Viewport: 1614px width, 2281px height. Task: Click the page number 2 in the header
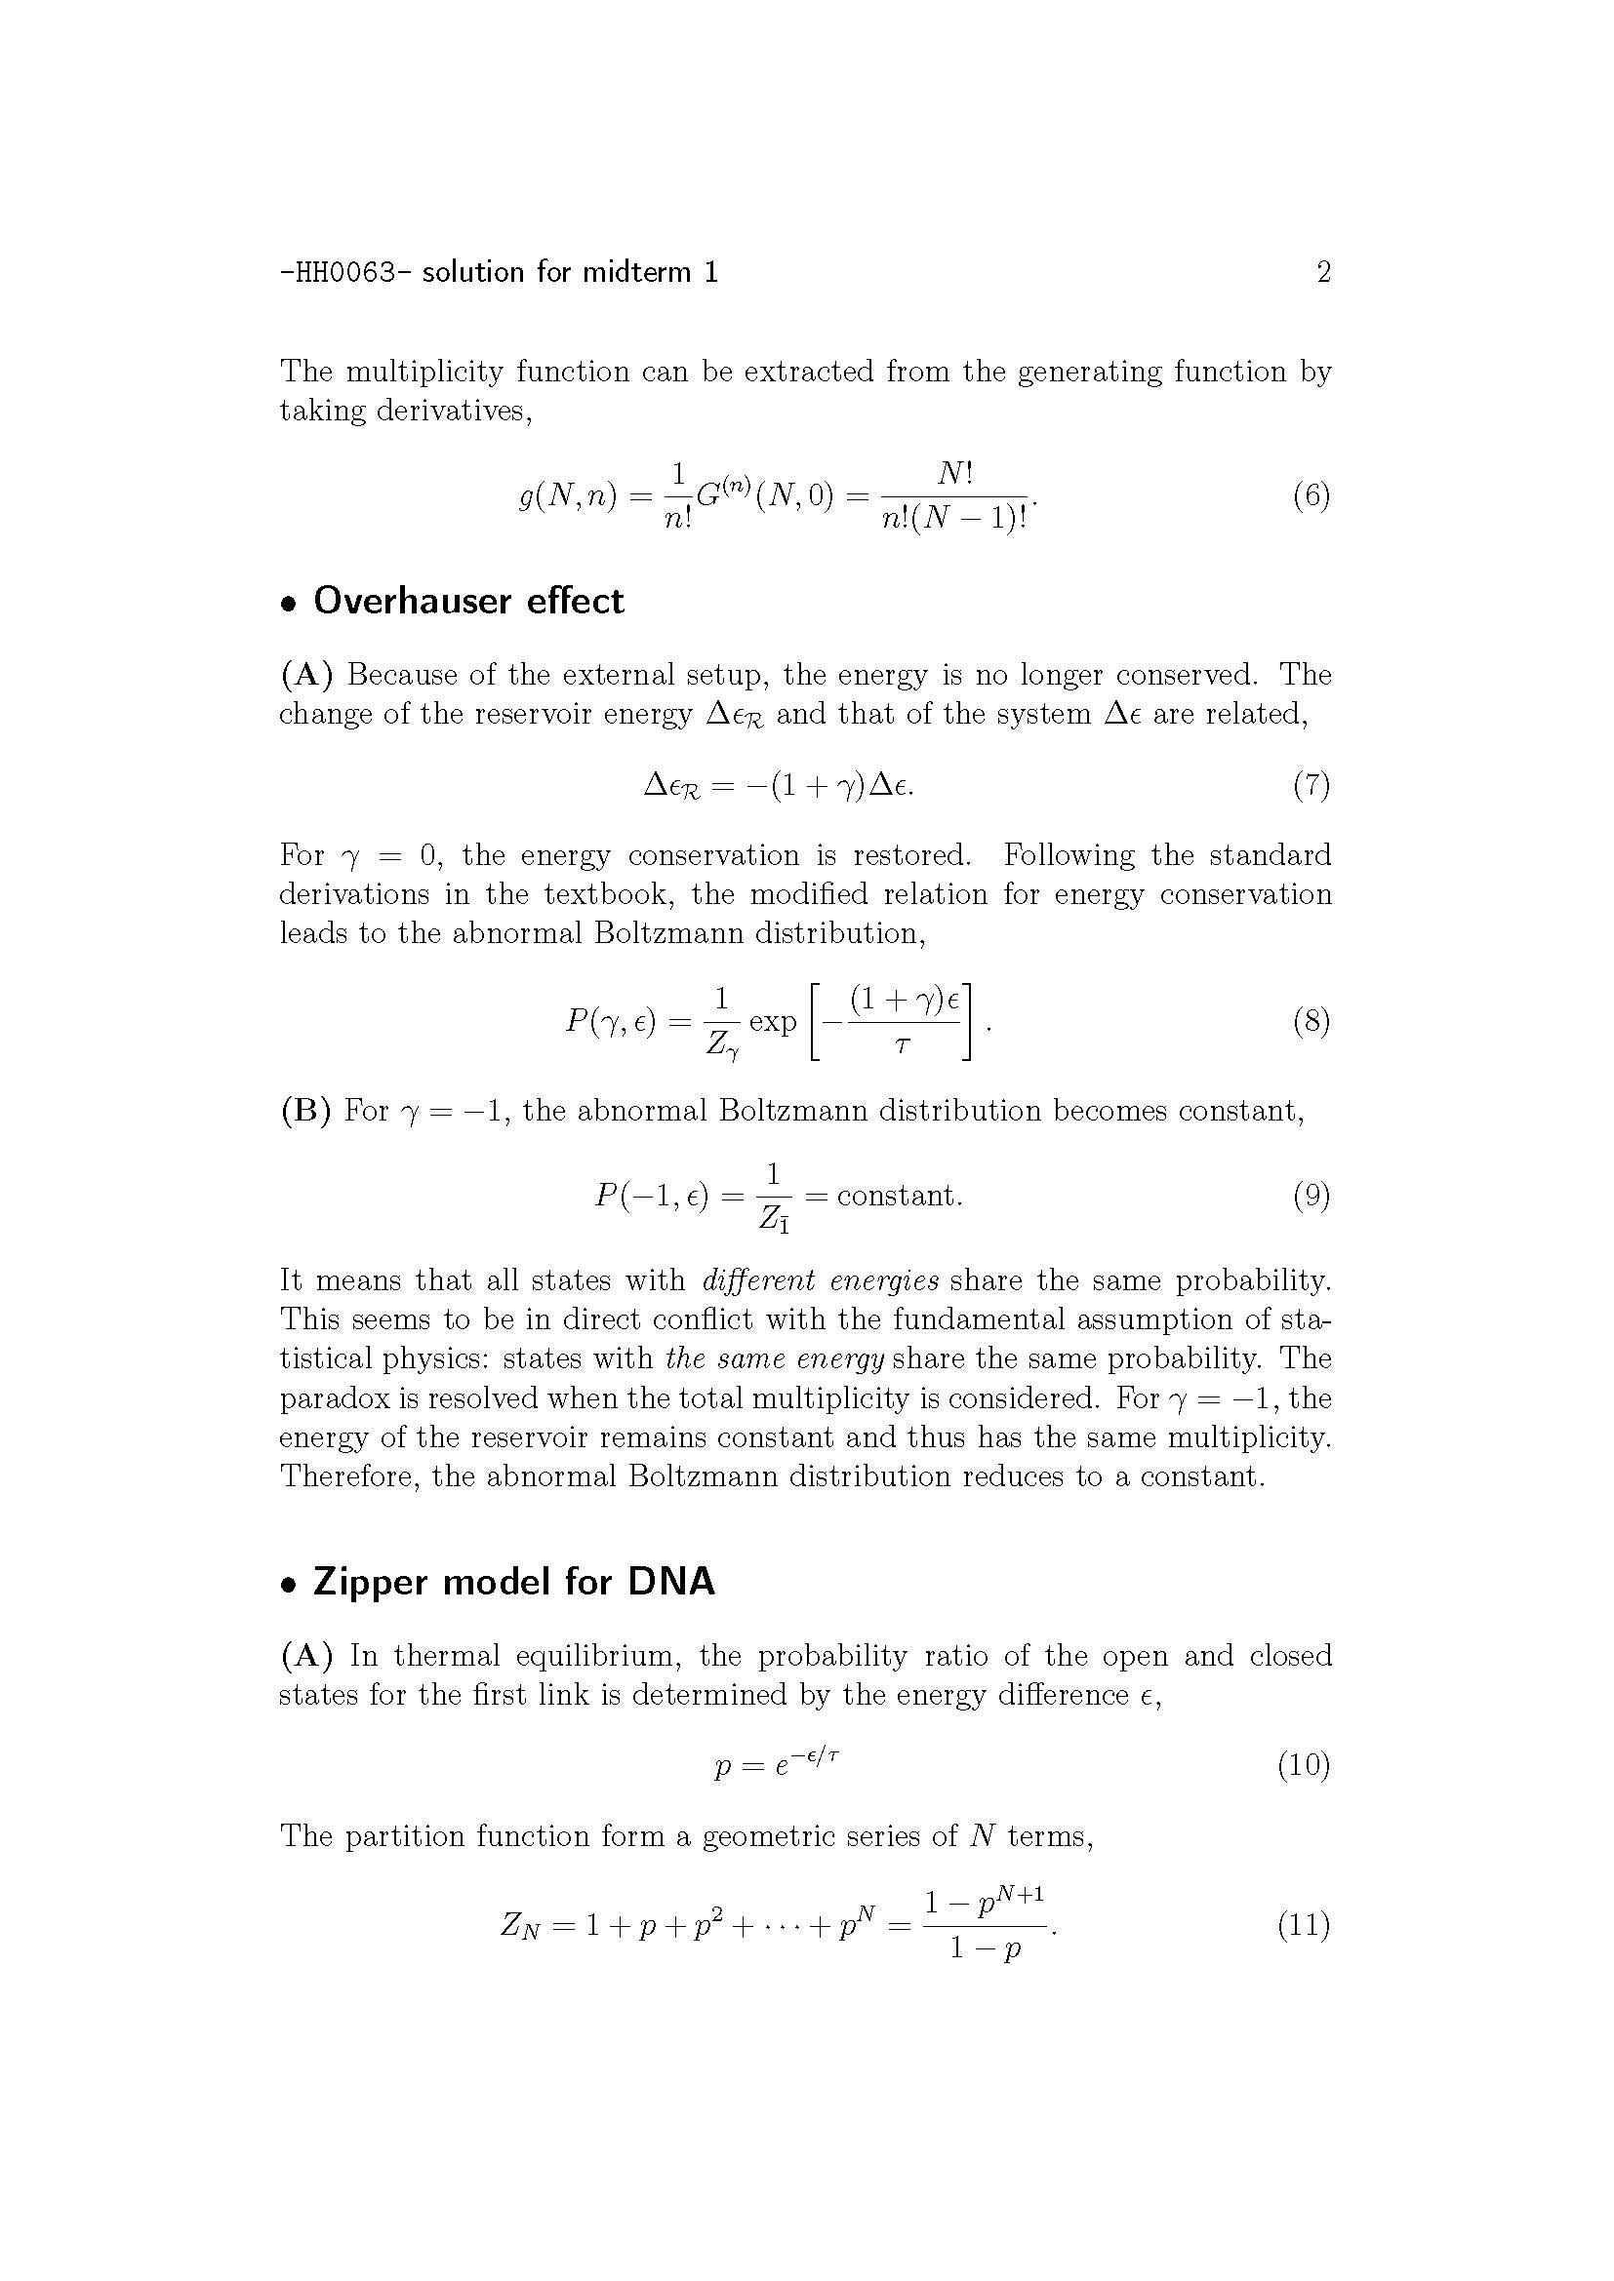1323,271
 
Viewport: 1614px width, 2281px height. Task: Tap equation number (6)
1311,494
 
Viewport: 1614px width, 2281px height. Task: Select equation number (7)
1311,786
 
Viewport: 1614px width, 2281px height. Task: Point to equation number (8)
1311,1021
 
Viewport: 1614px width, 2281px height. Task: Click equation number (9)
1311,1196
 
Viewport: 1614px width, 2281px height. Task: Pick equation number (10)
1303,1764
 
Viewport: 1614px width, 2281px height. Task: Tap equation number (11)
1303,1925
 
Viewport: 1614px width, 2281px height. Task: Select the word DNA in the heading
670,1582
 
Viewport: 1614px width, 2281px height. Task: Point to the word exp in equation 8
772,1022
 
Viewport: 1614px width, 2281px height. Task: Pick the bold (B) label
304,1110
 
